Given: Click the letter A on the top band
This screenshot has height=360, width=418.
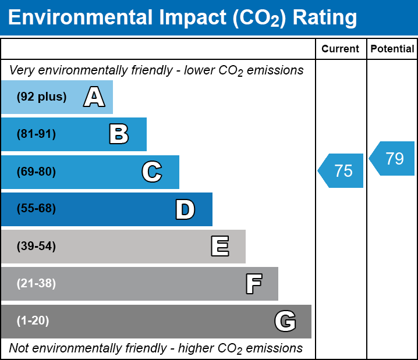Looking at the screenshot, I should [94, 97].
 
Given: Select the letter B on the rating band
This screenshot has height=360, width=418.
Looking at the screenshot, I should [119, 134].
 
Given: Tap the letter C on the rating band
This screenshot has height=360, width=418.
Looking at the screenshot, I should [151, 172].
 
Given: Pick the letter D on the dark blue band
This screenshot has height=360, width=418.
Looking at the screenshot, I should [185, 209].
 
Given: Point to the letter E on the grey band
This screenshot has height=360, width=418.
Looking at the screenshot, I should [219, 247].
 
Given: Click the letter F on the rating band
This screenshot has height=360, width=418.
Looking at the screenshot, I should [253, 284].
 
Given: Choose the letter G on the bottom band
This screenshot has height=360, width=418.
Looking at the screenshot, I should [285, 321].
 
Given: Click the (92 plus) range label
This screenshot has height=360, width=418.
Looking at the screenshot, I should [41, 97].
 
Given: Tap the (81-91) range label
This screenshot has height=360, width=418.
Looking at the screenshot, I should [36, 134].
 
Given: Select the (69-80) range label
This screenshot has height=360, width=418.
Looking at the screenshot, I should [36, 172].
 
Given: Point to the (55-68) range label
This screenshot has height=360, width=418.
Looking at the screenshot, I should [36, 209].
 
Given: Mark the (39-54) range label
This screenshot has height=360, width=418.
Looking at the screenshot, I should [36, 247].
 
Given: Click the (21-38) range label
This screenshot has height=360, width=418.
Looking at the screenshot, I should [36, 284].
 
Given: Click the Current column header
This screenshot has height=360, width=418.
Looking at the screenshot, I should [341, 49].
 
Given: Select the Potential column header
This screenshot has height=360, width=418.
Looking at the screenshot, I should [392, 49].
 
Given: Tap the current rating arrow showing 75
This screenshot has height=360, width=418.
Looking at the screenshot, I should [342, 171].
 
